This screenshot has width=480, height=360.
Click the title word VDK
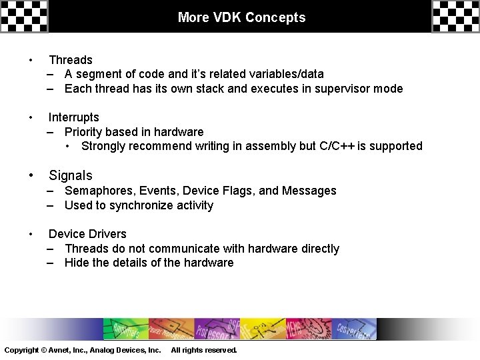[227, 17]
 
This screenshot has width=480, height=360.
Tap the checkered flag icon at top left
[24, 16]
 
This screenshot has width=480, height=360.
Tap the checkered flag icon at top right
[455, 16]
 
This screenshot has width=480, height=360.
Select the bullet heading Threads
[71, 61]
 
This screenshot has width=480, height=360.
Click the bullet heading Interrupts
[73, 117]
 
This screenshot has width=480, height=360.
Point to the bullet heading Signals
[71, 175]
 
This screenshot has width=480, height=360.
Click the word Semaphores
[99, 191]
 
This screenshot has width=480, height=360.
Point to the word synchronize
[137, 205]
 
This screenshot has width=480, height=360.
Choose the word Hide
[76, 263]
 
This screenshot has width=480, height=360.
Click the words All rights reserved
[204, 350]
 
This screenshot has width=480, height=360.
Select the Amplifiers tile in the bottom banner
[123, 328]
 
